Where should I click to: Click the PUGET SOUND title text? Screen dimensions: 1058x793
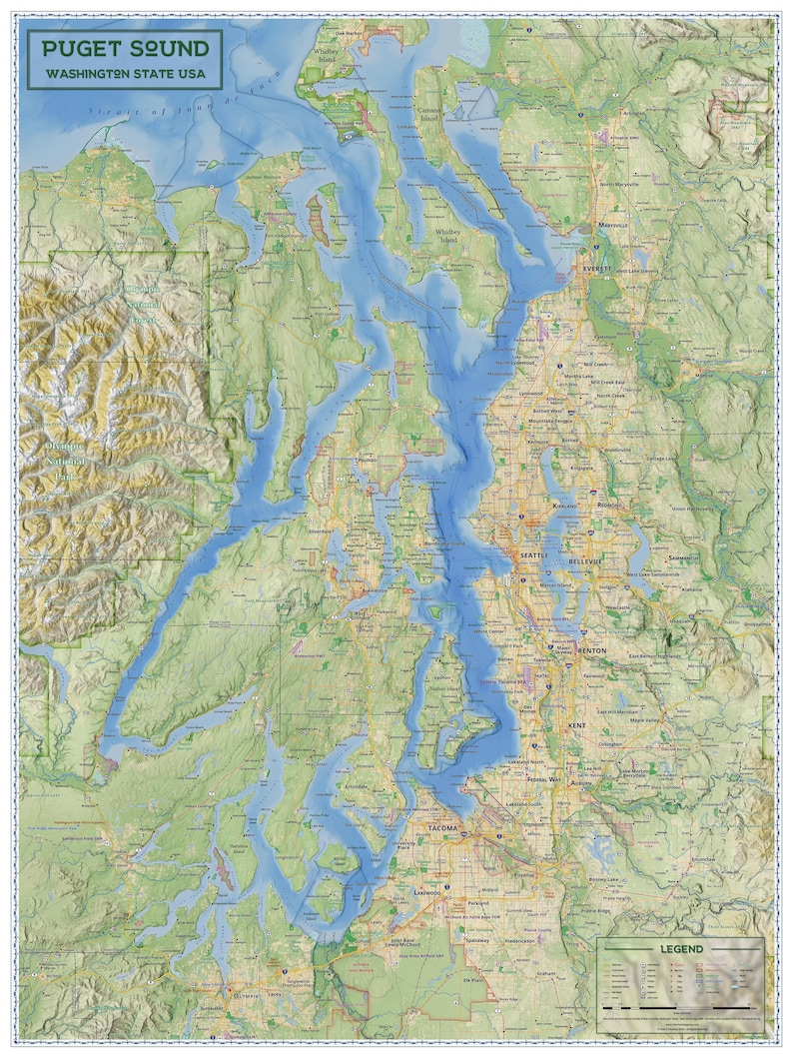[x=125, y=48]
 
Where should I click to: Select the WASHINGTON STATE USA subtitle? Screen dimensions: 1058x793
[x=125, y=75]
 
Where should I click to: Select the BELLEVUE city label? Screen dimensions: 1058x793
[x=585, y=562]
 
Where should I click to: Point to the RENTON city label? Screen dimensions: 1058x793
[x=591, y=650]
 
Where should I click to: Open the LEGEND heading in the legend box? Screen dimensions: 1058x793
[x=679, y=948]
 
